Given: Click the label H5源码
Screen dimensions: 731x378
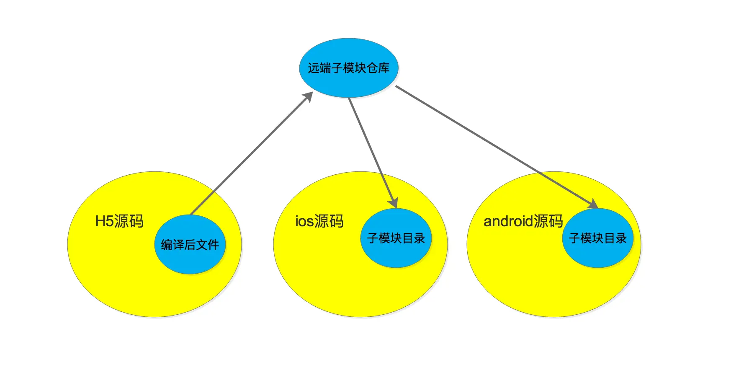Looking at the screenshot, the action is tap(119, 221).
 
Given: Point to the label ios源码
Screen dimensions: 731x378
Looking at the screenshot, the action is tap(319, 221).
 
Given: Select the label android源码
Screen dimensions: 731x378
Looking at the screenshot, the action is tap(523, 221).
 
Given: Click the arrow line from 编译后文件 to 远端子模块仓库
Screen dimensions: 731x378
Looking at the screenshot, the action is tap(251, 154).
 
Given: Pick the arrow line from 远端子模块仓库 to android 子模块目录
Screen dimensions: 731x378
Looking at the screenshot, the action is tap(494, 145).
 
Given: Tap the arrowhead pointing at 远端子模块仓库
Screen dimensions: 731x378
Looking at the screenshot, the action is tap(309, 97).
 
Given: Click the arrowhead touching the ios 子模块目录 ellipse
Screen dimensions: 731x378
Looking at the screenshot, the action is tap(393, 202).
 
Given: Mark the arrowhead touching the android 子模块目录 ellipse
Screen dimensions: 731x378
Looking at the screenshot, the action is tap(593, 204).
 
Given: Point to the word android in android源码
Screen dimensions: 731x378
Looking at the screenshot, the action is tap(508, 221).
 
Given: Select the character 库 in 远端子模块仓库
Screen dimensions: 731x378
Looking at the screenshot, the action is tap(384, 68).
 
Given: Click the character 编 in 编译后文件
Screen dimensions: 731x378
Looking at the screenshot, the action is tap(167, 245).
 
